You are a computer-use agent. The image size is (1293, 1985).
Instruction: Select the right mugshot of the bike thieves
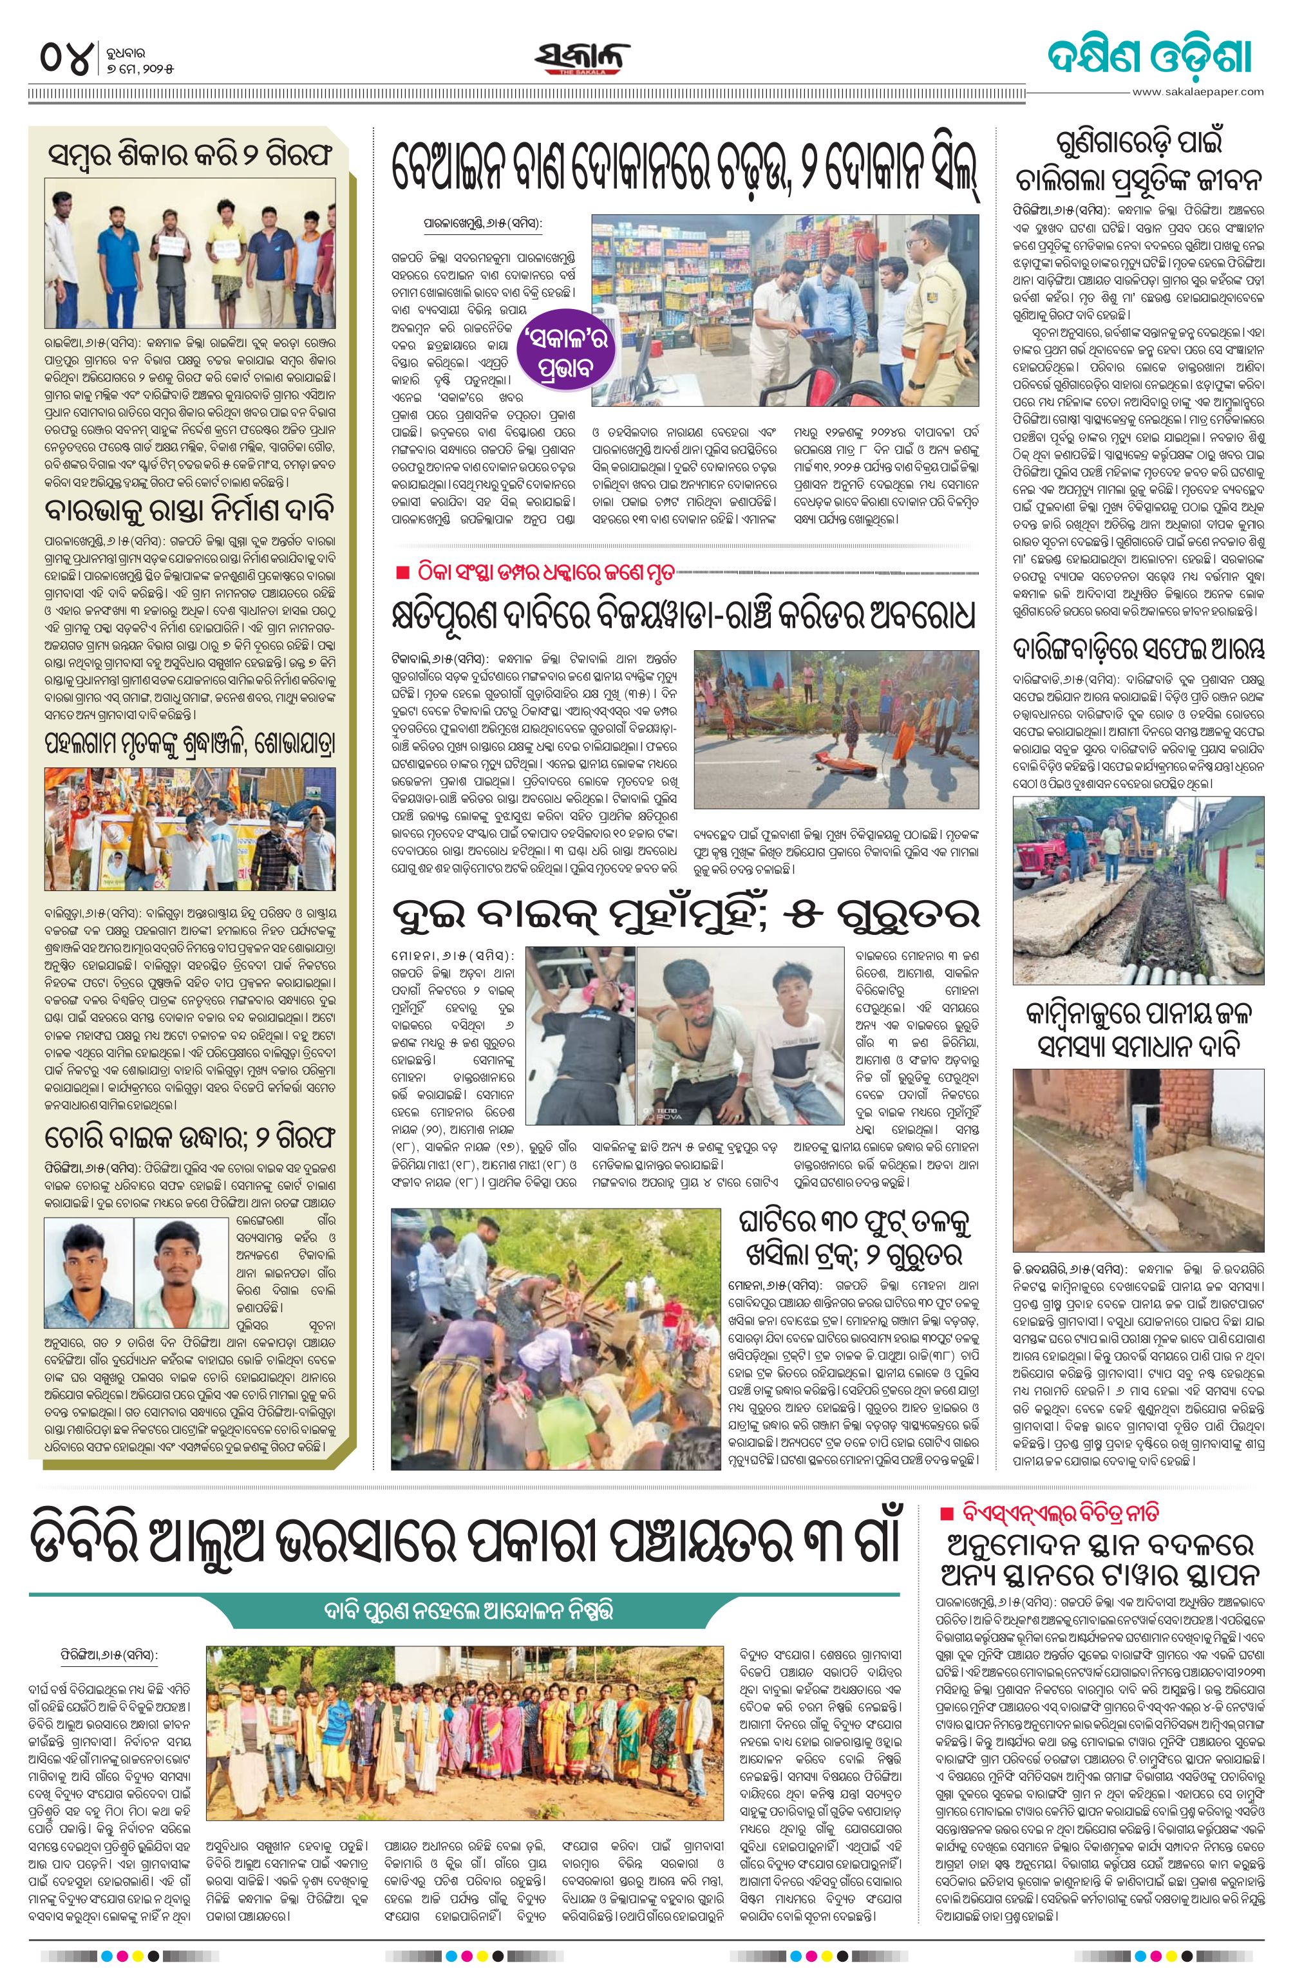pos(178,1271)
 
